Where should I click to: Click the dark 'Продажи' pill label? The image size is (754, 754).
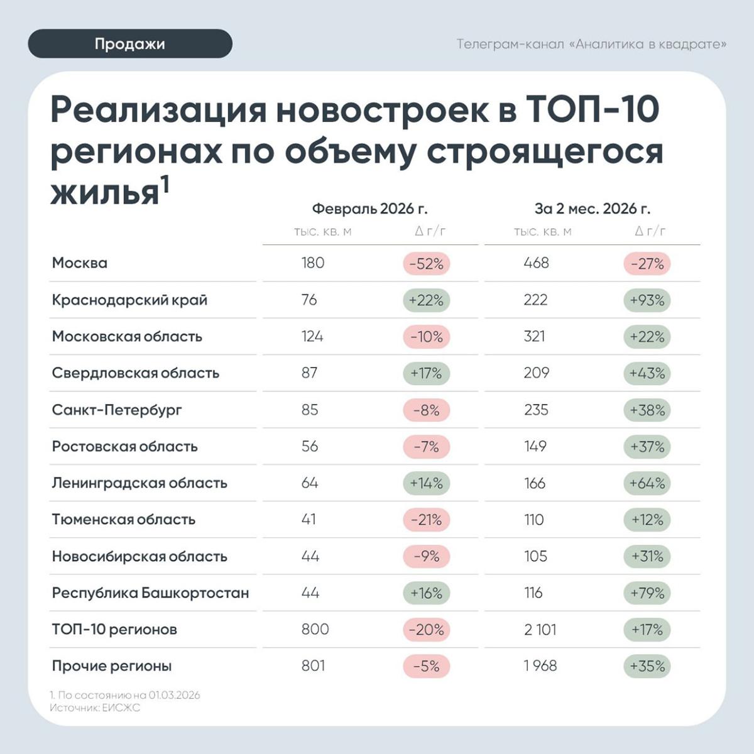tap(130, 44)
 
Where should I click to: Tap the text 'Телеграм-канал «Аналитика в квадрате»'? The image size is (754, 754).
tap(591, 44)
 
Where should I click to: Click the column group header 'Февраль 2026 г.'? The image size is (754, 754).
tap(369, 209)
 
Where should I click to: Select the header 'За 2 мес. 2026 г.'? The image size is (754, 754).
tap(593, 209)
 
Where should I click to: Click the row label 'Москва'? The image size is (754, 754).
tap(80, 263)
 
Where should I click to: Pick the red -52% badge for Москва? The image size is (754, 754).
tap(427, 264)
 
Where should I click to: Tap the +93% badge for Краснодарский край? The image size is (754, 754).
tap(647, 300)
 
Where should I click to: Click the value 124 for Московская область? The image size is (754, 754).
tap(312, 336)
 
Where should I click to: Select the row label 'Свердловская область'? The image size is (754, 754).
tap(136, 373)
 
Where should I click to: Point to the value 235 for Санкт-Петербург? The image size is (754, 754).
tap(536, 410)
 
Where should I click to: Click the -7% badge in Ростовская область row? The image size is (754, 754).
tap(427, 447)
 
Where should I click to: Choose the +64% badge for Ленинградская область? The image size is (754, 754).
tap(647, 483)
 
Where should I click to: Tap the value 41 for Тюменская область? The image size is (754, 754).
tap(309, 520)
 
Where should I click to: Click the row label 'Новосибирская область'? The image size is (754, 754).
tap(139, 557)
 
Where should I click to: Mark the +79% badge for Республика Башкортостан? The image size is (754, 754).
tap(647, 593)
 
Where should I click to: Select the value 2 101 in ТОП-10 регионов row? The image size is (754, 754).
tap(540, 630)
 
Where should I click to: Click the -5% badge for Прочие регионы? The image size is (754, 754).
tap(427, 666)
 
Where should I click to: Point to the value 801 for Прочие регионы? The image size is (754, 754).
tap(313, 665)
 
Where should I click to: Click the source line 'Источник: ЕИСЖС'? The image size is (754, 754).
tap(95, 708)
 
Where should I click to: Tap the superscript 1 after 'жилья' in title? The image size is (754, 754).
tap(165, 184)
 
